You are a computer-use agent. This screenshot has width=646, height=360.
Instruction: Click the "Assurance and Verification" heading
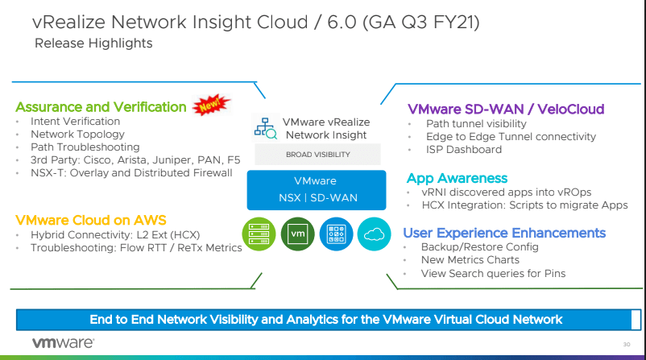pyautogui.click(x=101, y=107)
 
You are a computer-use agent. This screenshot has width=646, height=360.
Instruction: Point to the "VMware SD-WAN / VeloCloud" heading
pyautogui.click(x=506, y=109)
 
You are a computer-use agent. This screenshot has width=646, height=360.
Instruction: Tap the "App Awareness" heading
pyautogui.click(x=457, y=178)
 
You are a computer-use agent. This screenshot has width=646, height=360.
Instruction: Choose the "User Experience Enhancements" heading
pyautogui.click(x=504, y=233)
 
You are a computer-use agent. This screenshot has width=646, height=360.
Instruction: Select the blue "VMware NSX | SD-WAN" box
pyautogui.click(x=317, y=189)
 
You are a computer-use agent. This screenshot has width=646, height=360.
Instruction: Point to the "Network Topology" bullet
pyautogui.click(x=77, y=134)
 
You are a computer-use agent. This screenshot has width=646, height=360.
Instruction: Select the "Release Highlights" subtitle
pyautogui.click(x=93, y=43)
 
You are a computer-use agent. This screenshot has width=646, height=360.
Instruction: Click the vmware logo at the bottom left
pyautogui.click(x=63, y=342)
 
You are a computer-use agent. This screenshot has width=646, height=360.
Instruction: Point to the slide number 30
pyautogui.click(x=626, y=345)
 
